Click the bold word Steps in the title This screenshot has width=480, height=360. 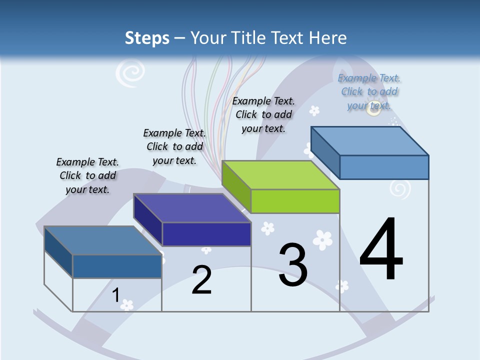pyautogui.click(x=147, y=38)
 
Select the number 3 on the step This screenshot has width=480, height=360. pyautogui.click(x=293, y=265)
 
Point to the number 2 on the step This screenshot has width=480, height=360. pyautogui.click(x=201, y=280)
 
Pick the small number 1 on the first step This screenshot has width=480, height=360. pyautogui.click(x=115, y=295)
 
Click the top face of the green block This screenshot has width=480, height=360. pyautogui.click(x=280, y=175)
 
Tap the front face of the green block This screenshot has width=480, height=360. pyautogui.click(x=295, y=201)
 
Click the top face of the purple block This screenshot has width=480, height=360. pyautogui.click(x=192, y=207)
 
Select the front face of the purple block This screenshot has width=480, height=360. pyautogui.click(x=206, y=234)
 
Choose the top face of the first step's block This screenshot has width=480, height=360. pyautogui.click(x=102, y=240)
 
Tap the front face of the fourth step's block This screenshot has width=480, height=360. pyautogui.click(x=384, y=167)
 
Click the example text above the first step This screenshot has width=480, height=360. pyautogui.click(x=87, y=175)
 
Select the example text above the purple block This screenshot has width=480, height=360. pyautogui.click(x=174, y=146)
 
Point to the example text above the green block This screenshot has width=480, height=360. pyautogui.click(x=263, y=114)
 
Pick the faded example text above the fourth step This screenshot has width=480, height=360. pyautogui.click(x=369, y=91)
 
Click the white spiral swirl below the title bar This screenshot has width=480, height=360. pyautogui.click(x=129, y=74)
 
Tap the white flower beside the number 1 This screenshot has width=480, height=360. pyautogui.click(x=127, y=304)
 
